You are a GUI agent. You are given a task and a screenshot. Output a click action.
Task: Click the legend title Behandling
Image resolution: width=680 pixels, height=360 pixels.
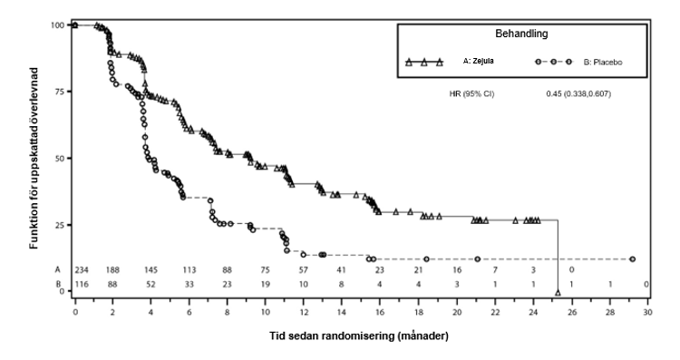pyautogui.click(x=521, y=34)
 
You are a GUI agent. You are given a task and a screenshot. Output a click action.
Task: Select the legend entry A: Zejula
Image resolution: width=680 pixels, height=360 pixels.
pyautogui.click(x=478, y=61)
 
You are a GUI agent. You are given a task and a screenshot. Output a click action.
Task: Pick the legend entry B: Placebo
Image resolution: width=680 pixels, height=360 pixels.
pyautogui.click(x=603, y=63)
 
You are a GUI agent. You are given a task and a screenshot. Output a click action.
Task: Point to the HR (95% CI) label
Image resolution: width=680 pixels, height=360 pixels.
pyautogui.click(x=471, y=93)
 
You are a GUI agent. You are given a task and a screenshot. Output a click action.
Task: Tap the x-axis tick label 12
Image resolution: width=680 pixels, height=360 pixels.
pyautogui.click(x=303, y=312)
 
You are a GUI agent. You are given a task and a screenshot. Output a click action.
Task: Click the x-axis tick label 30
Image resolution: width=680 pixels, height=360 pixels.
pyautogui.click(x=647, y=312)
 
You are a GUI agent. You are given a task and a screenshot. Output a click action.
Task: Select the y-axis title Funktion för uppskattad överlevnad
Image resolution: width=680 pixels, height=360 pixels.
pyautogui.click(x=34, y=159)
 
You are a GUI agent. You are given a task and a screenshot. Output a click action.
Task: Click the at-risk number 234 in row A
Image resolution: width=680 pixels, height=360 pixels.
pyautogui.click(x=82, y=270)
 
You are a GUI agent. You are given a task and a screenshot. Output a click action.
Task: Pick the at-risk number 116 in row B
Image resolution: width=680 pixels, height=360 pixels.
pyautogui.click(x=82, y=285)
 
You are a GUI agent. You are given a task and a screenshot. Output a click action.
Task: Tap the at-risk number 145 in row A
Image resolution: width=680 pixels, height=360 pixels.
pyautogui.click(x=151, y=270)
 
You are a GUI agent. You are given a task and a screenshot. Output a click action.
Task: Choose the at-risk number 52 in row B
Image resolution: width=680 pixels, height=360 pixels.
pyautogui.click(x=151, y=285)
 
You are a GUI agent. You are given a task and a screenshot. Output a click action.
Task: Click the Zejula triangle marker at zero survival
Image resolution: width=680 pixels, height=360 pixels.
pyautogui.click(x=558, y=293)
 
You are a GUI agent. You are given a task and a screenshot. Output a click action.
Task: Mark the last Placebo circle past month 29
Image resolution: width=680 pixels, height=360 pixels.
pyautogui.click(x=632, y=259)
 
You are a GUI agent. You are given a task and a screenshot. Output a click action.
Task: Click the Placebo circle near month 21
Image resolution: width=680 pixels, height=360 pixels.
pyautogui.click(x=478, y=259)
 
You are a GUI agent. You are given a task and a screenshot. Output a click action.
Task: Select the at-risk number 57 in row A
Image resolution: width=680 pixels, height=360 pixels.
pyautogui.click(x=303, y=270)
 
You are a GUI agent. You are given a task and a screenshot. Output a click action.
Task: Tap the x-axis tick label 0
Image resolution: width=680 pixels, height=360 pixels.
pyautogui.click(x=75, y=312)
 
